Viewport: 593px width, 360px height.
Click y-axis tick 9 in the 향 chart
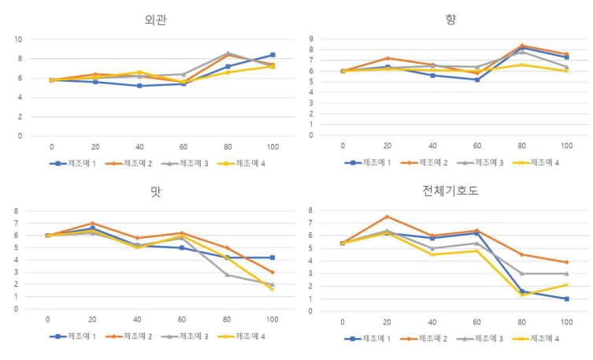tap(313, 39)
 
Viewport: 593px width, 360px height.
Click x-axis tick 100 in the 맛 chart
tap(272, 320)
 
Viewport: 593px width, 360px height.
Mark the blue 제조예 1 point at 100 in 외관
tap(272, 55)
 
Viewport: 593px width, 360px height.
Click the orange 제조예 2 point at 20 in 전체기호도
tap(387, 217)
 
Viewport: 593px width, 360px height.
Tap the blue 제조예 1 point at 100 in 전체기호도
tap(566, 299)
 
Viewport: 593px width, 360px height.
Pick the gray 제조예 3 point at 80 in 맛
tap(228, 274)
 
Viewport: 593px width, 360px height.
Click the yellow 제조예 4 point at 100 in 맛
tap(272, 289)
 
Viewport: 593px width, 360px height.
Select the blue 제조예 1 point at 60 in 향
tap(477, 80)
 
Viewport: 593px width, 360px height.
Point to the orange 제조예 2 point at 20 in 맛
tap(93, 223)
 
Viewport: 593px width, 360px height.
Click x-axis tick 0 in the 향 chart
tap(343, 146)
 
